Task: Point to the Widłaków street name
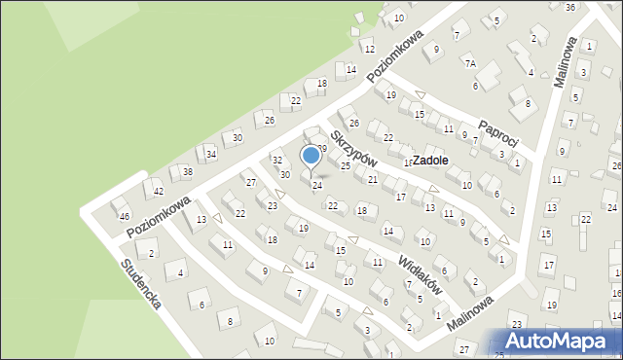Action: pos(421,274)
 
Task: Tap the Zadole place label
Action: pos(430,161)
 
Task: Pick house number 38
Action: pos(187,172)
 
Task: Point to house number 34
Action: pos(211,154)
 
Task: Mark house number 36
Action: pos(570,7)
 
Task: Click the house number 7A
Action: pos(470,63)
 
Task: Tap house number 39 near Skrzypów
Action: pos(321,147)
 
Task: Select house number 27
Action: pos(250,183)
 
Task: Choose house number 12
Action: pos(369,49)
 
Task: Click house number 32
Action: pos(276,160)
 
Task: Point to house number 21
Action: pos(372,180)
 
